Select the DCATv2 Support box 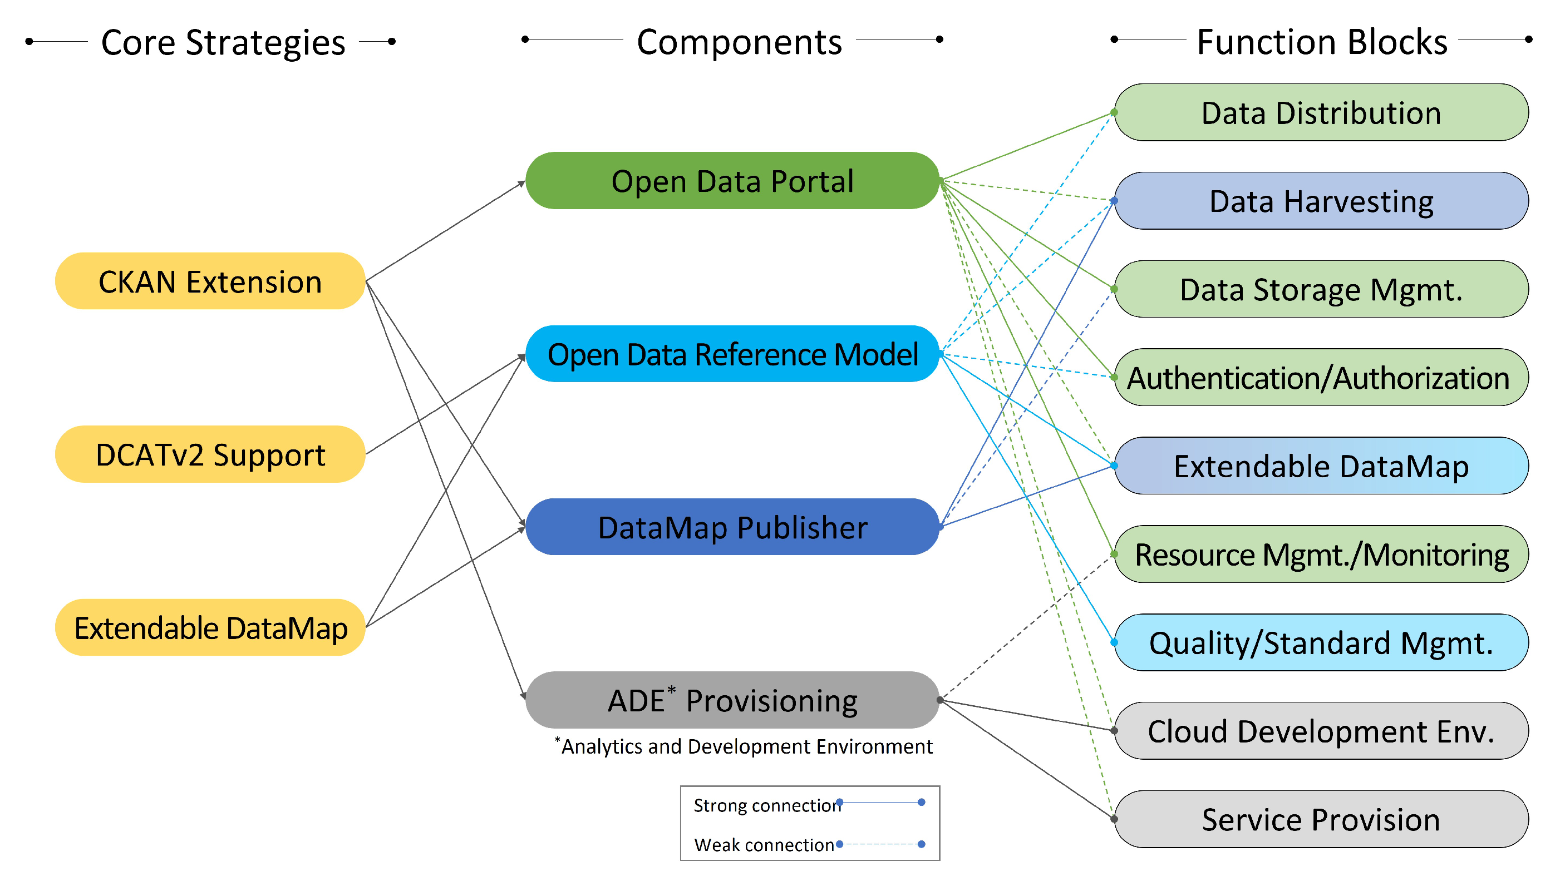coord(210,454)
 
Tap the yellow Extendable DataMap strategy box coord(210,627)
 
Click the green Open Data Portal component coord(732,181)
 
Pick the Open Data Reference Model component coord(732,354)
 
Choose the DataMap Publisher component coord(732,527)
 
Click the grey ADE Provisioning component coord(732,700)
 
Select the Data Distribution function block coord(1321,112)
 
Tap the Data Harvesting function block coord(1321,201)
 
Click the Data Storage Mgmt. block coord(1321,289)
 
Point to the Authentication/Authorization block coord(1321,377)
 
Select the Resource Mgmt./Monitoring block coord(1321,555)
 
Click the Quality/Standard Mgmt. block coord(1321,642)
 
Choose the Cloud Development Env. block coord(1321,731)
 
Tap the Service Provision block coord(1321,819)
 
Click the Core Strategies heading coord(223,43)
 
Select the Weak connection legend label coord(764,845)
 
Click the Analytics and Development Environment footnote coord(746,746)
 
